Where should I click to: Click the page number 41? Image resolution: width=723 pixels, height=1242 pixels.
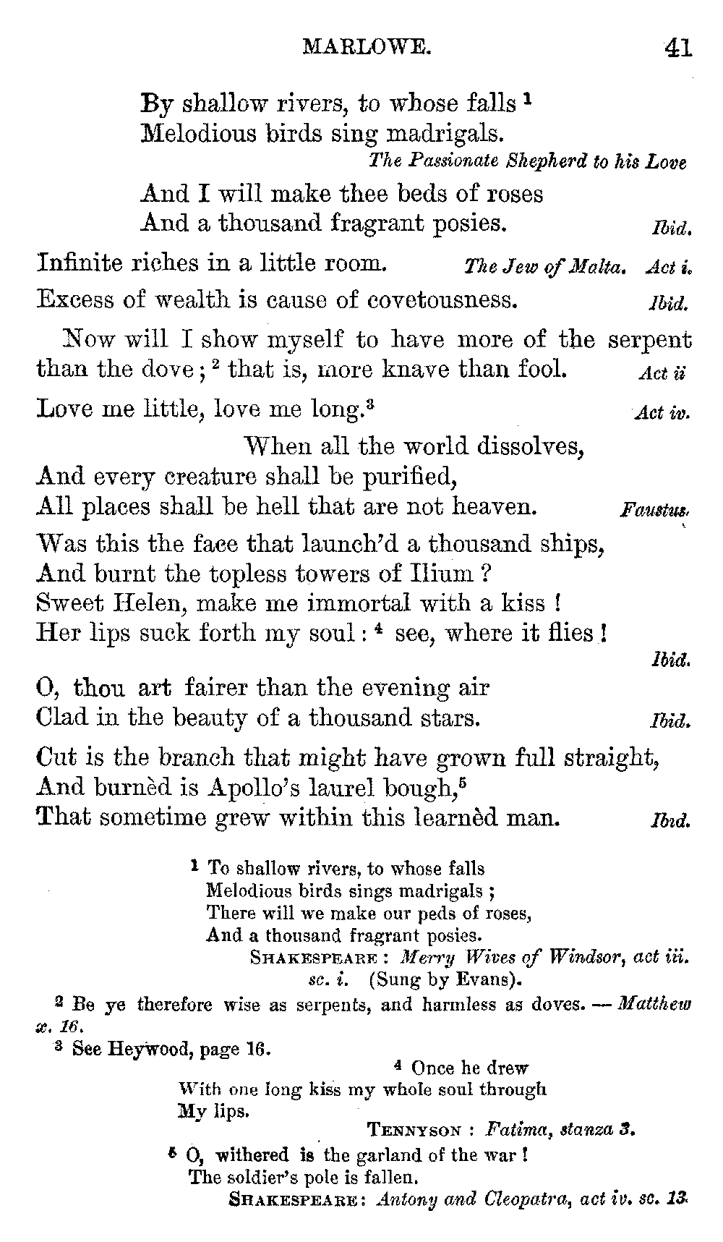(677, 48)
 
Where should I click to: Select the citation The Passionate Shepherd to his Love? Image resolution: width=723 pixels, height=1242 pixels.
(527, 161)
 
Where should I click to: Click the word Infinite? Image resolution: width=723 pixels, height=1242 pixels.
(80, 262)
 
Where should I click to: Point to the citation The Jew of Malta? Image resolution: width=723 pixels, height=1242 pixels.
(544, 267)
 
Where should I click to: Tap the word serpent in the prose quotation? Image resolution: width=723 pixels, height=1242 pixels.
(650, 339)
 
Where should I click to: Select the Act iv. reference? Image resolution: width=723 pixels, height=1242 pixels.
(662, 414)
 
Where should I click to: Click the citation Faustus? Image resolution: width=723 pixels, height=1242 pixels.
(654, 511)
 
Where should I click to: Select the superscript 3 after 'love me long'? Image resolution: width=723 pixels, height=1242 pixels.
(369, 404)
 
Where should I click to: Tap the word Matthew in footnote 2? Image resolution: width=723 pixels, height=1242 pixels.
(655, 1004)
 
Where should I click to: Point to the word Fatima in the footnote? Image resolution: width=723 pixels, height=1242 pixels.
(513, 1128)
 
